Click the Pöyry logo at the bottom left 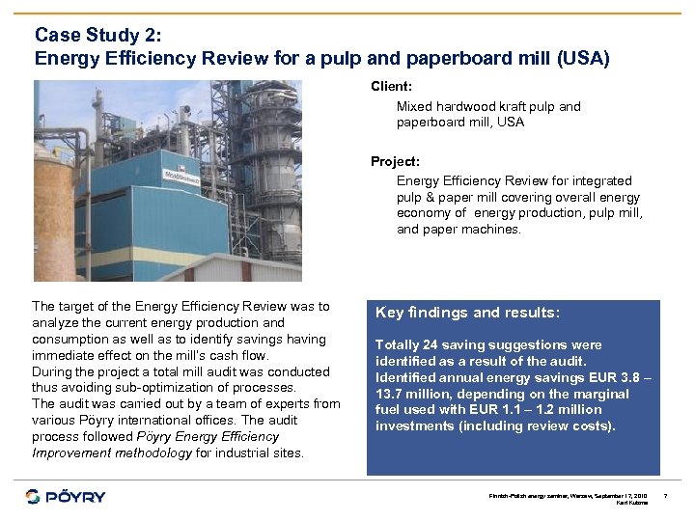pos(66,497)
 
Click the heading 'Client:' pos(391,87)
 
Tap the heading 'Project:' pos(395,161)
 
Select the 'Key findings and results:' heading pos(467,313)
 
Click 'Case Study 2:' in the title pos(97,35)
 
